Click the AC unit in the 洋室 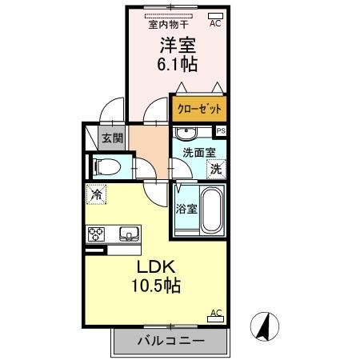pos(214,16)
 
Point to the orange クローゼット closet pos(198,108)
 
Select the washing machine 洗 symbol pos(215,168)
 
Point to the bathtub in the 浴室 pos(211,210)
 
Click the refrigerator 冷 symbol pos(97,193)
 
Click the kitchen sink pos(128,234)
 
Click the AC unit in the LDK pos(214,317)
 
